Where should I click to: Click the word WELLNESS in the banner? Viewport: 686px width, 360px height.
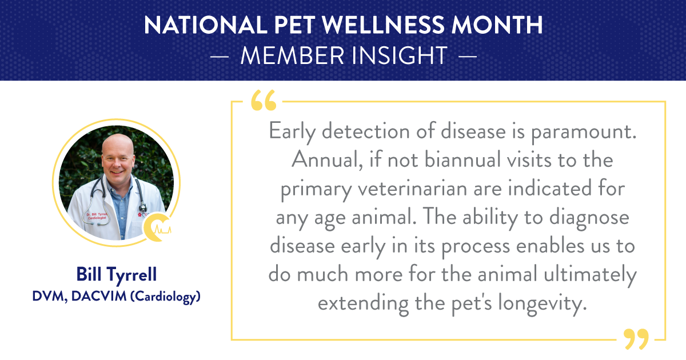pyautogui.click(x=383, y=25)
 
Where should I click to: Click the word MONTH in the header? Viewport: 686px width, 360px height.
pyautogui.click(x=497, y=25)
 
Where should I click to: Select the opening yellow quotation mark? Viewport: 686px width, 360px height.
pyautogui.click(x=264, y=100)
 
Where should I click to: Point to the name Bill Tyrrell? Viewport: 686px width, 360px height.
pyautogui.click(x=117, y=274)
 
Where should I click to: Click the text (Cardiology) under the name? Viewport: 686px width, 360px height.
pyautogui.click(x=165, y=297)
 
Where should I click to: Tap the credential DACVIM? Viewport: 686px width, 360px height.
pyautogui.click(x=98, y=296)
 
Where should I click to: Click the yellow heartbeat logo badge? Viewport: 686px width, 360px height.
pyautogui.click(x=157, y=227)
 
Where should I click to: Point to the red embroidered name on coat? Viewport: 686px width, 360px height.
pyautogui.click(x=97, y=216)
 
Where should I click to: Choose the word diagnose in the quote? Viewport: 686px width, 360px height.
pyautogui.click(x=589, y=218)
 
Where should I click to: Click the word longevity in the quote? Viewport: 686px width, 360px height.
pyautogui.click(x=542, y=303)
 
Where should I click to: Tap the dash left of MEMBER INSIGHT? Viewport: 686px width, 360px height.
pyautogui.click(x=220, y=57)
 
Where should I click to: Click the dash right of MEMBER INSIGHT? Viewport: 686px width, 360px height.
pyautogui.click(x=468, y=57)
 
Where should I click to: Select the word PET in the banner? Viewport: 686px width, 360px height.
pyautogui.click(x=294, y=25)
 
